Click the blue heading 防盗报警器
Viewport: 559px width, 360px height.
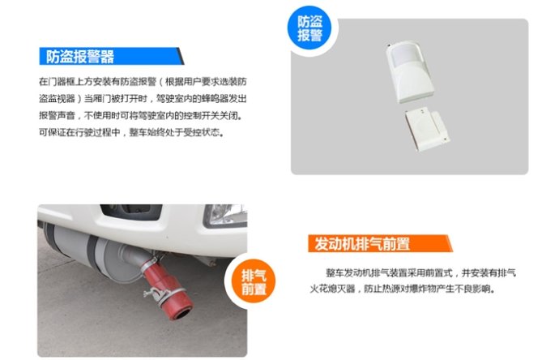point(80,57)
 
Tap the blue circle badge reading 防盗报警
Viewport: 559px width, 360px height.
point(309,28)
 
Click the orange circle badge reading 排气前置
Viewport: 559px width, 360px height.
point(254,281)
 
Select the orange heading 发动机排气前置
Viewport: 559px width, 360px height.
point(362,244)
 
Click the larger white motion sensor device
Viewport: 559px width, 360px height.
point(410,72)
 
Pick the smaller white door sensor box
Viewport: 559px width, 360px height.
point(427,131)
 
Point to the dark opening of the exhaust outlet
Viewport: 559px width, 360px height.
point(184,315)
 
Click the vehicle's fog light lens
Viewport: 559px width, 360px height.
point(224,215)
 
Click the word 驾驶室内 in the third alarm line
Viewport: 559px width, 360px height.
point(164,116)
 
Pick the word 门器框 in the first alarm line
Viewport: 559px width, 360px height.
point(62,82)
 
